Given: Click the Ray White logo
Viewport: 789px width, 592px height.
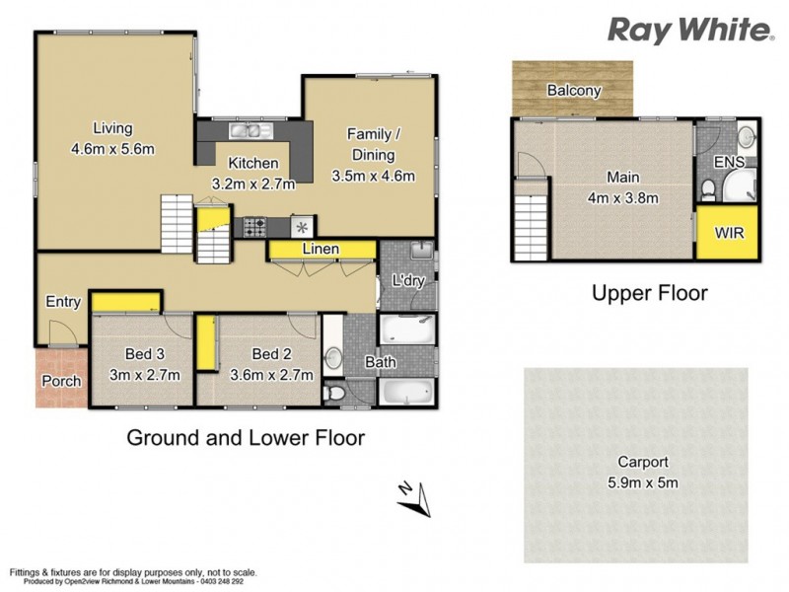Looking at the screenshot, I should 689,30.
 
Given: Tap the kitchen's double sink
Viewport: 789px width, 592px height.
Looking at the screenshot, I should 244,130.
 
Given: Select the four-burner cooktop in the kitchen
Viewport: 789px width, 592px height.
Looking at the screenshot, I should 254,226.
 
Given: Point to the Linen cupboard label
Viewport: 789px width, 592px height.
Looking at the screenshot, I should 322,250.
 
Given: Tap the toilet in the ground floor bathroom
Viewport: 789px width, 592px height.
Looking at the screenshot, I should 336,394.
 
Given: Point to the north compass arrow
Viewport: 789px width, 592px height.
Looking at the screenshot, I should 416,498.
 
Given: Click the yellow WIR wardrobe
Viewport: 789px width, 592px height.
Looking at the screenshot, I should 729,234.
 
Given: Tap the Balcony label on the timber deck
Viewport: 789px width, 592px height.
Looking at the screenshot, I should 573,91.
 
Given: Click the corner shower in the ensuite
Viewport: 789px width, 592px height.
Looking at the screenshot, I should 740,185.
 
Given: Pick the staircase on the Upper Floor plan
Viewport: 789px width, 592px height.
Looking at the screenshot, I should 530,224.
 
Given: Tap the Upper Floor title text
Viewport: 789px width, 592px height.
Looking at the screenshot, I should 649,293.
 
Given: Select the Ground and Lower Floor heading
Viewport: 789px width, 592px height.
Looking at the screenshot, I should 246,437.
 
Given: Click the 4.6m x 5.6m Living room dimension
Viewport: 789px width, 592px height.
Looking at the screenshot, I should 113,148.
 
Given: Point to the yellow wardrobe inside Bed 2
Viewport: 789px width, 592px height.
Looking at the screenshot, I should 205,342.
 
